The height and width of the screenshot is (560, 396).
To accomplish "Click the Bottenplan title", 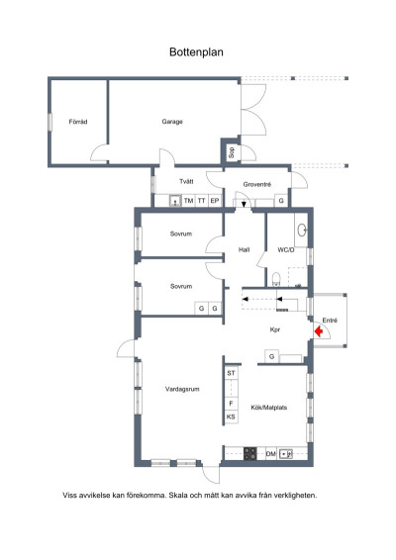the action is pos(196,52).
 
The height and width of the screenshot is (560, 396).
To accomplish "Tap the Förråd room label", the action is pos(78,122).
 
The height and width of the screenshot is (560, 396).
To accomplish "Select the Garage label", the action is pos(172,122).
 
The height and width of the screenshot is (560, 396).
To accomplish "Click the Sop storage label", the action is pos(232,152).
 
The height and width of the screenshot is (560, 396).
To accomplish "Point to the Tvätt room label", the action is pos(186,181).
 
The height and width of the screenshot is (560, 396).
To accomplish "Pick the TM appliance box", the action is pos(189,201).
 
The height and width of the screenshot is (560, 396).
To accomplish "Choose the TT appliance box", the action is pos(202,201).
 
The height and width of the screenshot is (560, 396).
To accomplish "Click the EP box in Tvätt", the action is pos(215,201).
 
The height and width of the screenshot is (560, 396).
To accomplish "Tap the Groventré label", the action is pos(257,184).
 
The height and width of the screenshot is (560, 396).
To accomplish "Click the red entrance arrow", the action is pos(318,331).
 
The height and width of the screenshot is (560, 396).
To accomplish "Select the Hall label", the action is pos(245,249).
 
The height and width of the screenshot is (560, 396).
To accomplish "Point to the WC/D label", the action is pos(286,250).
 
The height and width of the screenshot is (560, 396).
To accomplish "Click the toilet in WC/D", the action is pos(276,279).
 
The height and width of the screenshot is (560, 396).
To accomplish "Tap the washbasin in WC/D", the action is pos(302,230).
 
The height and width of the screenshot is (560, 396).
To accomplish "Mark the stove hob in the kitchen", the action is pos(250,453).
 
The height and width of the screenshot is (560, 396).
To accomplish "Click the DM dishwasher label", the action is pos(271,454).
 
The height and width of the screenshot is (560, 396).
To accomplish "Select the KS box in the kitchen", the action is pos(231,417).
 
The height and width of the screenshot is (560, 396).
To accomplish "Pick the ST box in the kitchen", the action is pos(231,373).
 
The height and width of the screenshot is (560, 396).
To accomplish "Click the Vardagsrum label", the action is pos(182,389).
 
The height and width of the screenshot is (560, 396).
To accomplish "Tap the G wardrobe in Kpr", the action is pos(272,356).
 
